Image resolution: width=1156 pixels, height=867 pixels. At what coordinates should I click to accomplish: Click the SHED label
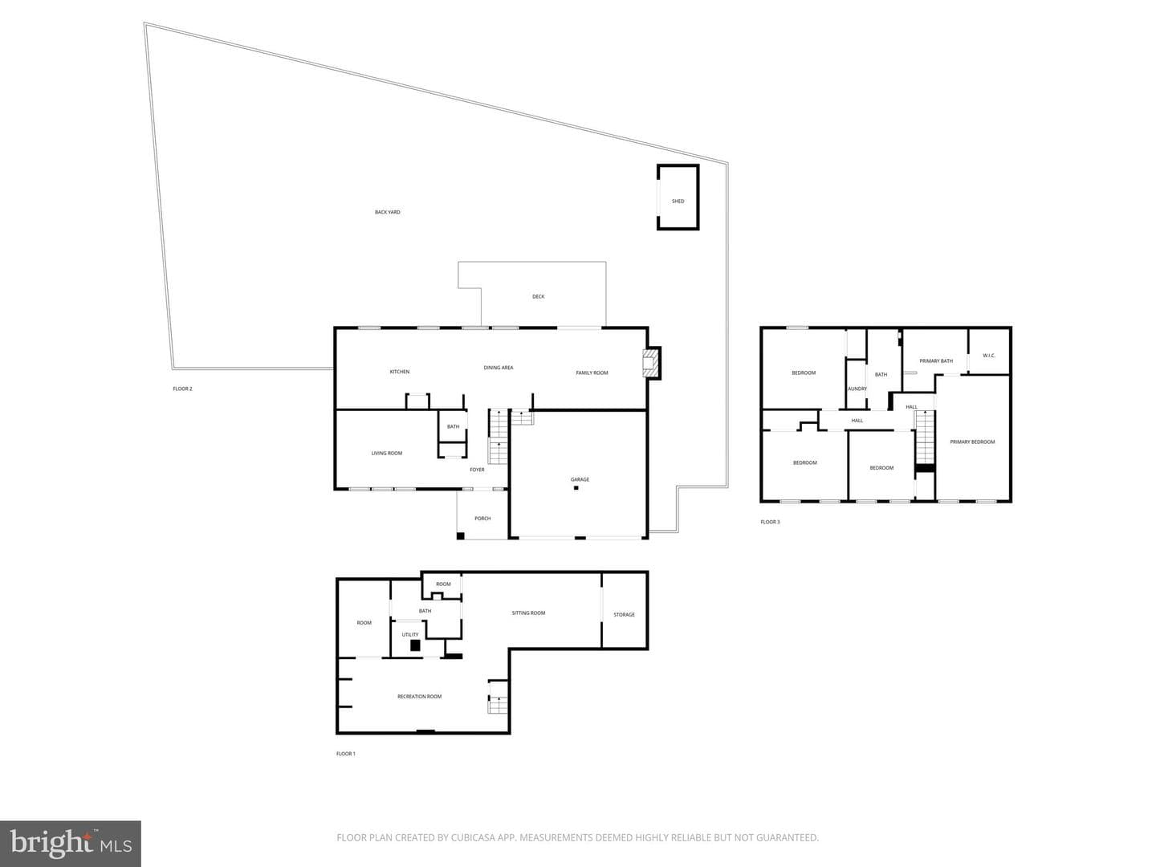pyautogui.click(x=678, y=201)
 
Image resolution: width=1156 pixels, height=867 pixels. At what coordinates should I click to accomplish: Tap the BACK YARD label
pyautogui.click(x=387, y=212)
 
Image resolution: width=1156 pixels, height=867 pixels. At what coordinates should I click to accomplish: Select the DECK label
pyautogui.click(x=538, y=297)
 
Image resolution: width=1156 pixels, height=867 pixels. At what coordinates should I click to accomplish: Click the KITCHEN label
pyautogui.click(x=399, y=372)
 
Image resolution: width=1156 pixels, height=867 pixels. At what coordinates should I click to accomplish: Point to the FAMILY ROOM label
pyautogui.click(x=592, y=372)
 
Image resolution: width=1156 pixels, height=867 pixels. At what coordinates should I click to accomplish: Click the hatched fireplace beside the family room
pyautogui.click(x=652, y=363)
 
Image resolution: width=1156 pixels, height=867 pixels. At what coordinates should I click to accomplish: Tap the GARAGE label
pyautogui.click(x=580, y=479)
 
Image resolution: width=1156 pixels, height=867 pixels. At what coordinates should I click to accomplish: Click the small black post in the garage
pyautogui.click(x=576, y=488)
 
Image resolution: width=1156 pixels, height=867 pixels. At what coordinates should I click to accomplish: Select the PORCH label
pyautogui.click(x=482, y=519)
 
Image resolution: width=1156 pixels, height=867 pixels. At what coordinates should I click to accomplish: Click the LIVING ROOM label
pyautogui.click(x=387, y=454)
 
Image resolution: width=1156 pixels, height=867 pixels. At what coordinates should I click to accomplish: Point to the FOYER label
pyautogui.click(x=477, y=470)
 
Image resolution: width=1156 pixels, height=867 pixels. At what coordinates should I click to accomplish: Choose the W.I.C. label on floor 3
pyautogui.click(x=989, y=356)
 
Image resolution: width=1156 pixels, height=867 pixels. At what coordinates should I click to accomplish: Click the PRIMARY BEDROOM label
pyautogui.click(x=972, y=442)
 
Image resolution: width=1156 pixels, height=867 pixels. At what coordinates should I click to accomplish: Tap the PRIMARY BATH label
pyautogui.click(x=936, y=361)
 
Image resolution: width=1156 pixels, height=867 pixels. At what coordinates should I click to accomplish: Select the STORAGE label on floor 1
pyautogui.click(x=624, y=615)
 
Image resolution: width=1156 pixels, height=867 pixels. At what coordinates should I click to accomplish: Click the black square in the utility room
pyautogui.click(x=415, y=645)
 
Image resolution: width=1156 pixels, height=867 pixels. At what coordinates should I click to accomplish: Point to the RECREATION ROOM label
pyautogui.click(x=419, y=697)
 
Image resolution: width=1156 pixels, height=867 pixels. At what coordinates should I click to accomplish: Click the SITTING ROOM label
pyautogui.click(x=528, y=613)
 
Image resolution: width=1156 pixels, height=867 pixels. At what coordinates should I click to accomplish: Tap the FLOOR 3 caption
pyautogui.click(x=770, y=522)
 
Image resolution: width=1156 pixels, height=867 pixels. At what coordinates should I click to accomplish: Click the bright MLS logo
pyautogui.click(x=71, y=844)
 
